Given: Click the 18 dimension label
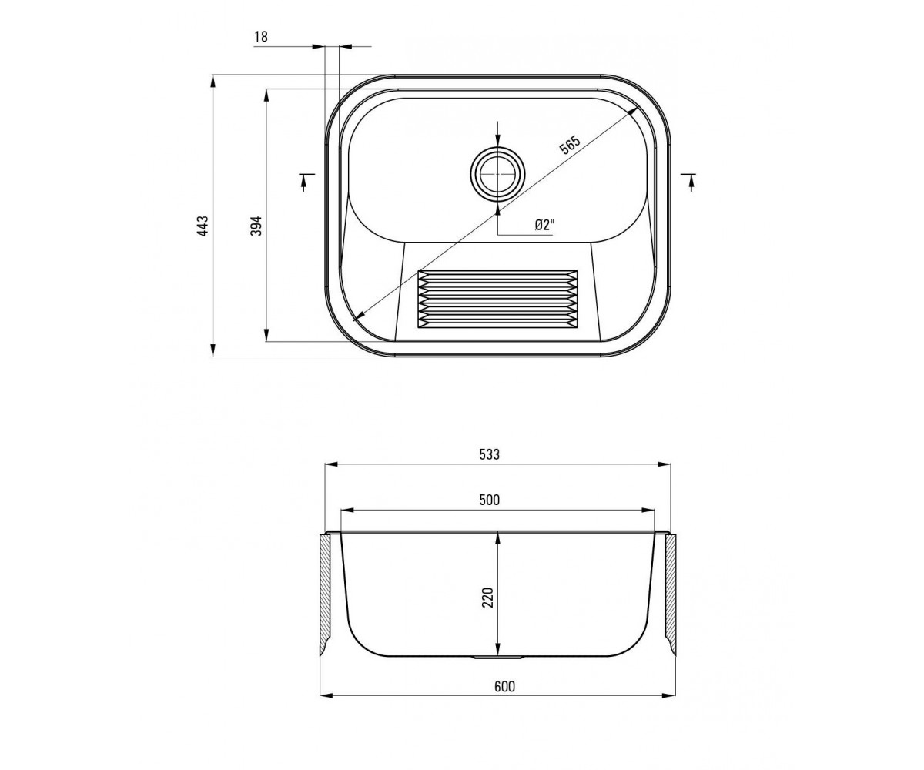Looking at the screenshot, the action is tap(261, 37).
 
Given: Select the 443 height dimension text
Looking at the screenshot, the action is tap(203, 226).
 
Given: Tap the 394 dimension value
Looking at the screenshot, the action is tap(256, 226).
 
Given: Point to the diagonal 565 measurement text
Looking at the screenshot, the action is tap(570, 145).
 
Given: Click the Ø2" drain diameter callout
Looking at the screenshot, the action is tap(544, 225).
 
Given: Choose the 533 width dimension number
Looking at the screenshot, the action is tap(490, 454).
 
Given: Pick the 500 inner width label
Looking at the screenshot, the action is tap(490, 500).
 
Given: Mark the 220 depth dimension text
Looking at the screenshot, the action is tap(487, 598).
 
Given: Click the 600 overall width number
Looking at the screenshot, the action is tap(504, 686).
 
